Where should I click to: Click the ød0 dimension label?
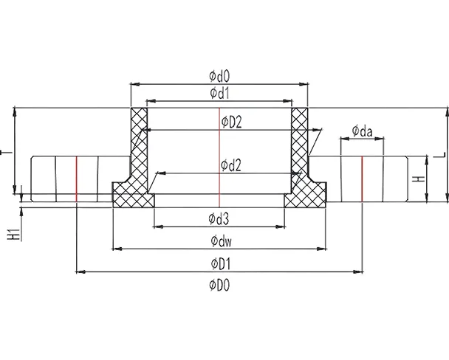point(220,75)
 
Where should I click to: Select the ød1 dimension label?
point(220,92)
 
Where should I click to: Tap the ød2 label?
point(231,165)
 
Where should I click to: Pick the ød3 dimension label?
point(220,218)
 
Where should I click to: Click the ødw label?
point(220,240)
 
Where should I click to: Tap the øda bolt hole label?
point(362,131)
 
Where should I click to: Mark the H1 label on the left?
point(13,235)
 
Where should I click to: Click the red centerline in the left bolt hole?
point(77,177)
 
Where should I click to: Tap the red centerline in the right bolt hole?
point(362,177)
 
